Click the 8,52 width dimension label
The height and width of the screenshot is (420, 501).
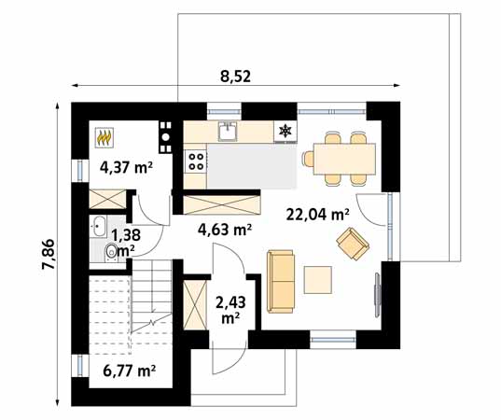[234, 77]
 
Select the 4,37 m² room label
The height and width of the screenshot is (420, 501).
[126, 169]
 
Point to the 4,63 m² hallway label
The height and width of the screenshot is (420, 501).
[224, 229]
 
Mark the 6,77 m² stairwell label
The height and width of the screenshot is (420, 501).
[127, 371]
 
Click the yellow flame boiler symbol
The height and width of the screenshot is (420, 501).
[104, 139]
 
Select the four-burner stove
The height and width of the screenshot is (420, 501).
[196, 160]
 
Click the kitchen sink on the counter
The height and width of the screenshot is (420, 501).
[228, 132]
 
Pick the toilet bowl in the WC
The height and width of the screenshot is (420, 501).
[111, 251]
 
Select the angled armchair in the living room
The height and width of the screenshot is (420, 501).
[353, 245]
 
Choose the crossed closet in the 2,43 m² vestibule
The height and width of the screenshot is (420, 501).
[194, 304]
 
